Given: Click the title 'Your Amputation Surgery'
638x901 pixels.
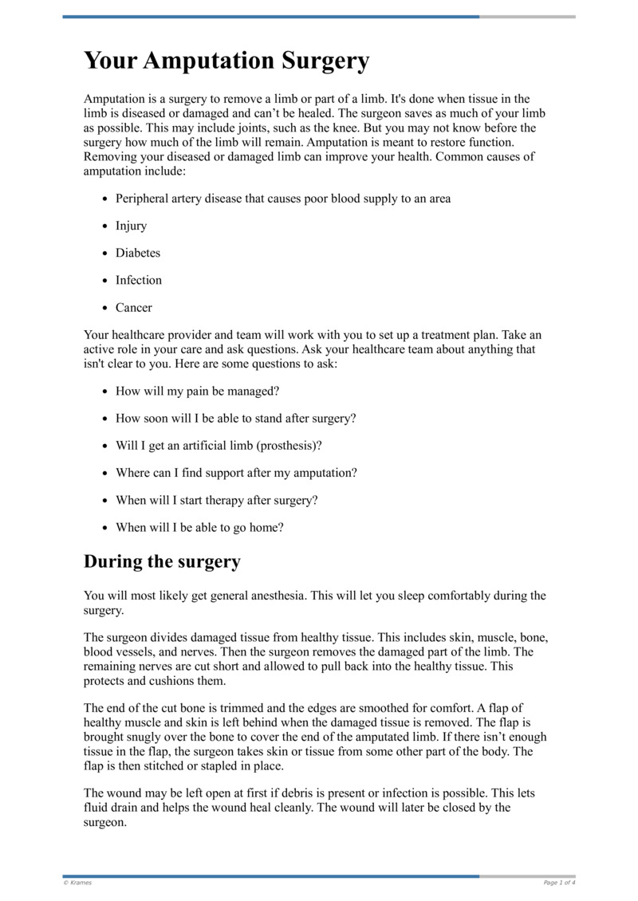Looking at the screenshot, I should [x=226, y=61].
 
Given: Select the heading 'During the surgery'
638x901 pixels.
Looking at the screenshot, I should [x=162, y=561].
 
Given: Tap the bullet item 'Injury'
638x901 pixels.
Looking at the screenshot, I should [x=131, y=226].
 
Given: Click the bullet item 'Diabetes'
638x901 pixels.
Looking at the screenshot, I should [x=138, y=253].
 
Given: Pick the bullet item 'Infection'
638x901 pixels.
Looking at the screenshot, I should [x=139, y=280].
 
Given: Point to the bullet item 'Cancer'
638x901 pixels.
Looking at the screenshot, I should [x=134, y=307].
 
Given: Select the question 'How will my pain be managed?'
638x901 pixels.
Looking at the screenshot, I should [x=198, y=391].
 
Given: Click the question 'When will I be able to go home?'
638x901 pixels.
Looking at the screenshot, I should [x=199, y=527].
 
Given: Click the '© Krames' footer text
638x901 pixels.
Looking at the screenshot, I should [x=78, y=883].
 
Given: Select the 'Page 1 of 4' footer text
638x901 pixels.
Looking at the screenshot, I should [x=559, y=883].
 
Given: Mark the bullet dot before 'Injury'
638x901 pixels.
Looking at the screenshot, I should [x=105, y=226].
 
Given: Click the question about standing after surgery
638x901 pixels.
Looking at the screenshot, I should [x=236, y=419].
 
